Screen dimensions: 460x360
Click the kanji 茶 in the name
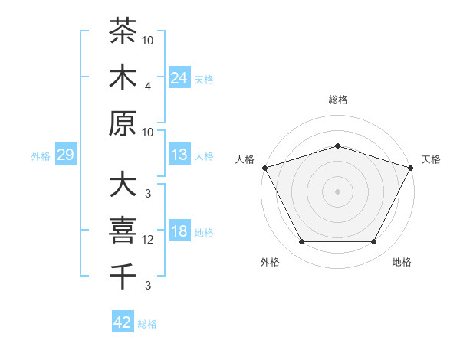(x=123, y=31)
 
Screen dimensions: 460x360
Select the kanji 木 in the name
(x=123, y=77)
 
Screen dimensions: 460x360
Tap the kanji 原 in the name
(x=123, y=123)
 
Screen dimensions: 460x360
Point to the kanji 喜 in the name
(x=123, y=230)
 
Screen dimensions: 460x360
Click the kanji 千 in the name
(x=123, y=277)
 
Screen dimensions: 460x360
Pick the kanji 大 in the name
(x=123, y=184)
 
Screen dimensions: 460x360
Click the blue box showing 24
(x=179, y=77)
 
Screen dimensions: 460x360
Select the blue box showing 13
(x=179, y=154)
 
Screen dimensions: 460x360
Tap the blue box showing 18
(x=179, y=230)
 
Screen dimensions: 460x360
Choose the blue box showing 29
(x=66, y=154)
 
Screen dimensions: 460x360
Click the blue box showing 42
(x=123, y=321)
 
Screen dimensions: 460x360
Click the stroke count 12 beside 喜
(x=147, y=240)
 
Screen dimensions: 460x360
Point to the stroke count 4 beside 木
(x=148, y=87)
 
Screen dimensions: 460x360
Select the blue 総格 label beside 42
(x=147, y=324)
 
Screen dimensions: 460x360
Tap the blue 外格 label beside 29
(x=41, y=156)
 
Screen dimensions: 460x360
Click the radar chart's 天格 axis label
(x=431, y=159)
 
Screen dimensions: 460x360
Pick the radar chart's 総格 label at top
(x=338, y=100)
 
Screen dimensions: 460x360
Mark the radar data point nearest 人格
(x=265, y=168)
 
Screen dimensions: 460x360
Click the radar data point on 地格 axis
(x=373, y=241)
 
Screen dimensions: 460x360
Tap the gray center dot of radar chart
(x=337, y=191)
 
